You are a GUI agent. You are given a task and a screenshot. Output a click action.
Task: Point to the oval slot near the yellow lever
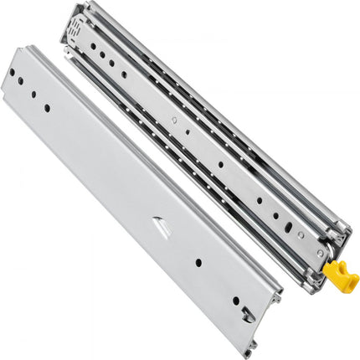(287, 224)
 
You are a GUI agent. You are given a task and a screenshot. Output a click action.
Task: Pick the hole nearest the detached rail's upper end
(12, 72)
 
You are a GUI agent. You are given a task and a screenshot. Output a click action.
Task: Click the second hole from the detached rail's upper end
(18, 82)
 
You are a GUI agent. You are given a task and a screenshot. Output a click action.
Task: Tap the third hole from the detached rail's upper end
(33, 95)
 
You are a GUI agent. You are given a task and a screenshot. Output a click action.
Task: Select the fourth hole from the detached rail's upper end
(47, 107)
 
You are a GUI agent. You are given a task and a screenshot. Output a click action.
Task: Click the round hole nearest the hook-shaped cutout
(235, 300)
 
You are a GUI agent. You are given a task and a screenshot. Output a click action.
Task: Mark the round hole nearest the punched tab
(198, 262)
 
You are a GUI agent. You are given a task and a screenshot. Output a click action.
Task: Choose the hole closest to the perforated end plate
(91, 48)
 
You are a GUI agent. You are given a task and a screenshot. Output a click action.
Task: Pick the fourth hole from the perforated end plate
(124, 75)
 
